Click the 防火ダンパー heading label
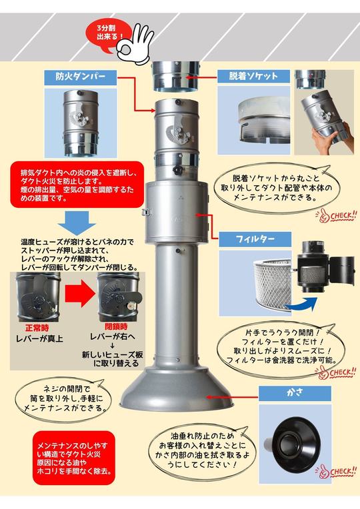84,76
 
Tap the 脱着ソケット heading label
253,75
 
